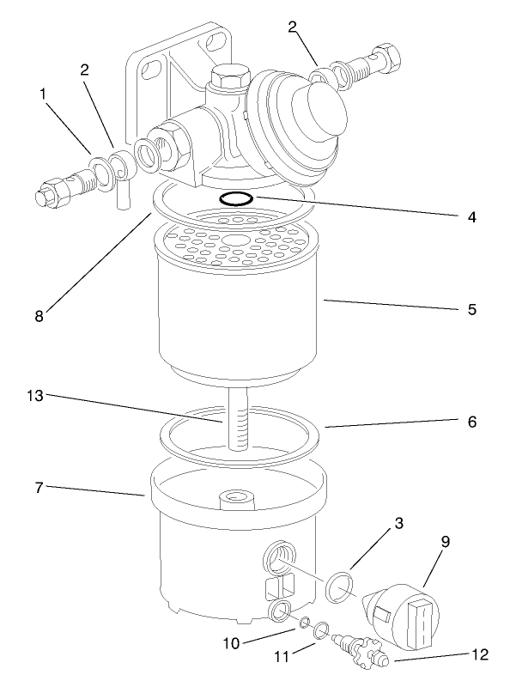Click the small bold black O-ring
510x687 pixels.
(234, 199)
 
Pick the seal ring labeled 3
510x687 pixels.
(341, 587)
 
